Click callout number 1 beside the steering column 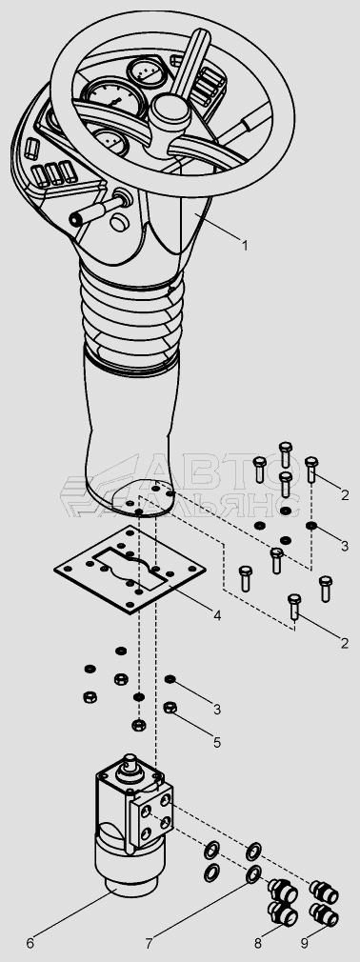coord(245,246)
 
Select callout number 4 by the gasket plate coord(217,613)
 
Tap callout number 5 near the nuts coord(217,742)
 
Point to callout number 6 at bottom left coord(30,942)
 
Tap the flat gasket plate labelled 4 coord(129,569)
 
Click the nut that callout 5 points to coord(170,708)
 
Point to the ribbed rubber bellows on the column coord(131,319)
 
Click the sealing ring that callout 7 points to coord(253,875)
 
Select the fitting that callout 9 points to coord(323,914)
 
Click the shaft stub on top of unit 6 coord(130,765)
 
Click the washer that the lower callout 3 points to coord(170,679)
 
